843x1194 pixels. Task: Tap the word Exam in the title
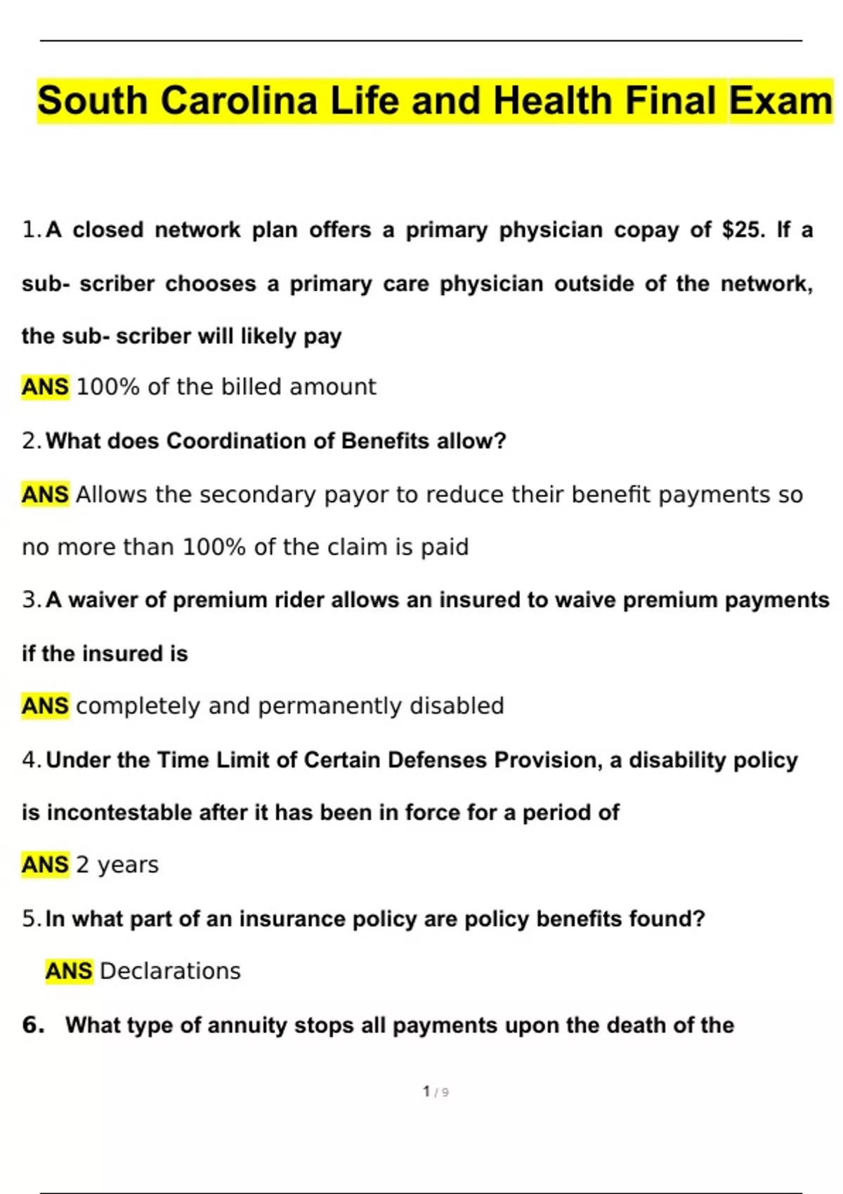[x=780, y=100]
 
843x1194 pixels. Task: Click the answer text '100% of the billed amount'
[x=226, y=387]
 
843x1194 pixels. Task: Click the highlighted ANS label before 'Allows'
[x=46, y=494]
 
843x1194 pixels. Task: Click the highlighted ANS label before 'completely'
[x=46, y=706]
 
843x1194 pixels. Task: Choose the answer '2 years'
[x=117, y=865]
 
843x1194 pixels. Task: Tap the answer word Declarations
[x=170, y=971]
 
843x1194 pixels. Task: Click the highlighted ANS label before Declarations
[x=69, y=971]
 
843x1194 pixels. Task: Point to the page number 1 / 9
[x=436, y=1092]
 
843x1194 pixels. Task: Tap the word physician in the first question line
[x=551, y=230]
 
